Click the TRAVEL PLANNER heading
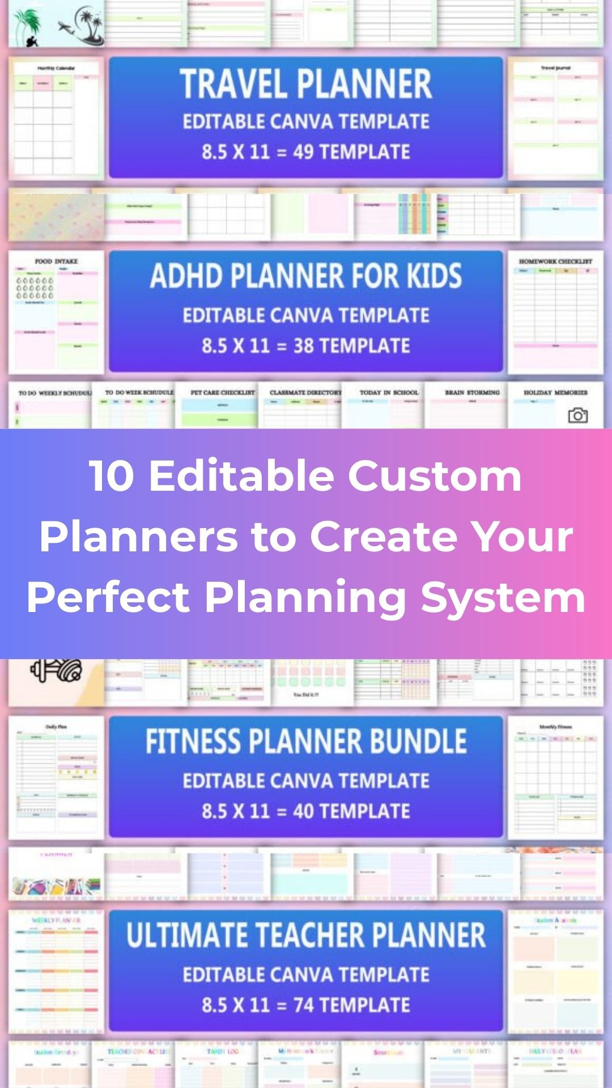click(306, 84)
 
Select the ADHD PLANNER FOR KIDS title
click(306, 277)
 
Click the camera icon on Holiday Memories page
click(577, 415)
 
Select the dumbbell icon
click(56, 670)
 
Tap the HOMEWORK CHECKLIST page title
click(555, 261)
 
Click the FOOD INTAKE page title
click(56, 261)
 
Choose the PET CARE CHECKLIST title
click(223, 392)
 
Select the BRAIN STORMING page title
click(472, 392)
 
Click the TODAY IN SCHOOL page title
click(389, 392)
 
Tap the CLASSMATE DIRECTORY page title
click(305, 392)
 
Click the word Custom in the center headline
click(434, 476)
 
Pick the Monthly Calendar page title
click(56, 68)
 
